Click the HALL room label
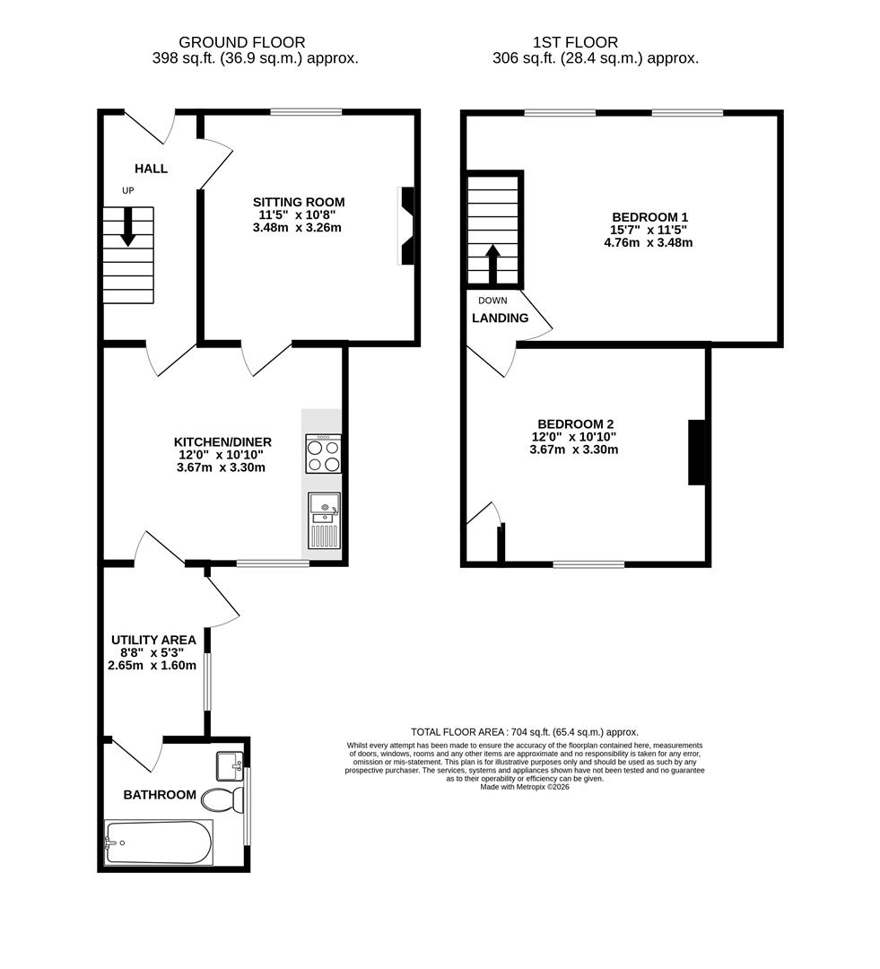151,169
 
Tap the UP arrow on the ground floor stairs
127,226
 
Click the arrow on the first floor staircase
492,262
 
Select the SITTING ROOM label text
298,202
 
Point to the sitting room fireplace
407,226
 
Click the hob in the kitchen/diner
324,453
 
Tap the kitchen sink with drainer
324,520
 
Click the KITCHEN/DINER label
222,441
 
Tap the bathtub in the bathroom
159,842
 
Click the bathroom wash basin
229,765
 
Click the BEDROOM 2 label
574,423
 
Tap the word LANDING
500,318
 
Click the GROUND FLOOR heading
241,42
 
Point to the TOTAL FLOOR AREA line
524,732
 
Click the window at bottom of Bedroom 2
588,564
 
